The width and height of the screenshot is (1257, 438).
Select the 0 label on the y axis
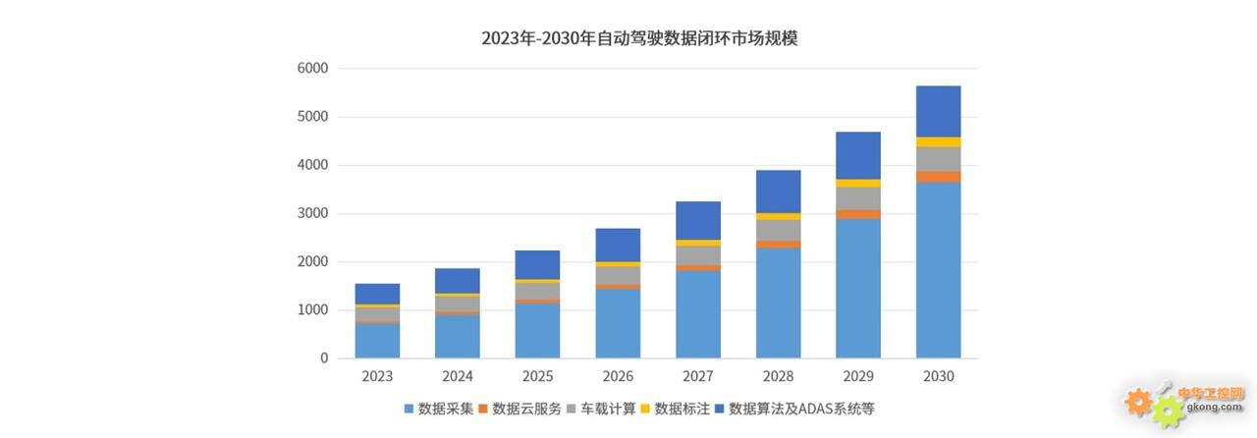coord(323,358)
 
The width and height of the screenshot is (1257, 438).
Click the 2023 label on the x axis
coord(377,376)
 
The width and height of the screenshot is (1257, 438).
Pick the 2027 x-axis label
coord(698,376)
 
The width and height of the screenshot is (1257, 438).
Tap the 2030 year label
coord(938,376)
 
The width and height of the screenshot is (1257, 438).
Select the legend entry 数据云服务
coord(526,409)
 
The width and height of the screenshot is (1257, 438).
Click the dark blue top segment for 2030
coord(938,111)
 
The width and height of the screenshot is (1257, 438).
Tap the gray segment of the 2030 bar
coord(938,159)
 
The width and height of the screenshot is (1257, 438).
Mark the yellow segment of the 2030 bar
coord(938,142)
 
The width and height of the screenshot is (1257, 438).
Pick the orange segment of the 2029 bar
coord(858,214)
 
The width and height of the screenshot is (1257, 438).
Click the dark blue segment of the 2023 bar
coord(377,294)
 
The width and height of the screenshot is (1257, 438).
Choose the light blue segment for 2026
coord(618,323)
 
